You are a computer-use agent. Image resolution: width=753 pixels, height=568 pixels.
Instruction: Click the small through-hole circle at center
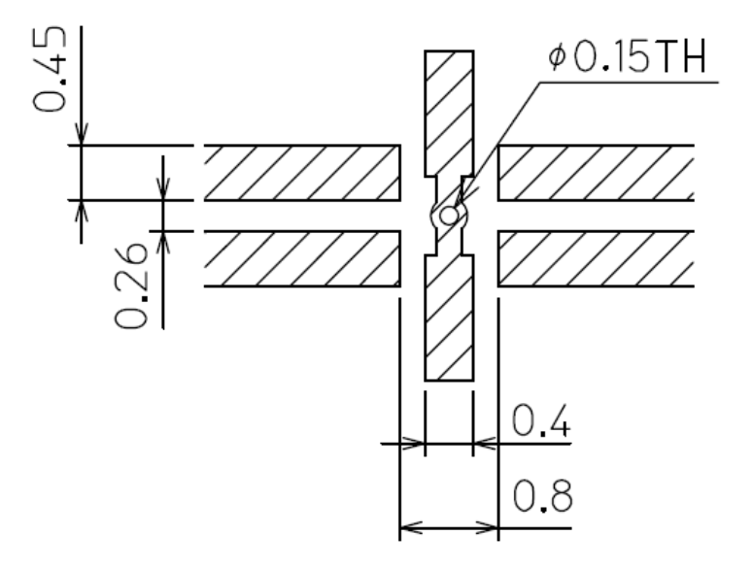[x=448, y=216]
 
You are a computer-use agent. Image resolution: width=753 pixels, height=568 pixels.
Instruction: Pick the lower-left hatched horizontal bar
[x=302, y=258]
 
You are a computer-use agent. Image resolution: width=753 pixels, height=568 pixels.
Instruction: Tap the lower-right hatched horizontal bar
[x=595, y=258]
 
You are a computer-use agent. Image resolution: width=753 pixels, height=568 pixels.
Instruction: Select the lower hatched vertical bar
[x=449, y=320]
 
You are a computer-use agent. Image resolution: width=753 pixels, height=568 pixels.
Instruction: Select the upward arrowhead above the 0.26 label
[x=163, y=239]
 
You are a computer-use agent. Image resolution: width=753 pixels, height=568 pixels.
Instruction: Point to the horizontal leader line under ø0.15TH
[x=632, y=84]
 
